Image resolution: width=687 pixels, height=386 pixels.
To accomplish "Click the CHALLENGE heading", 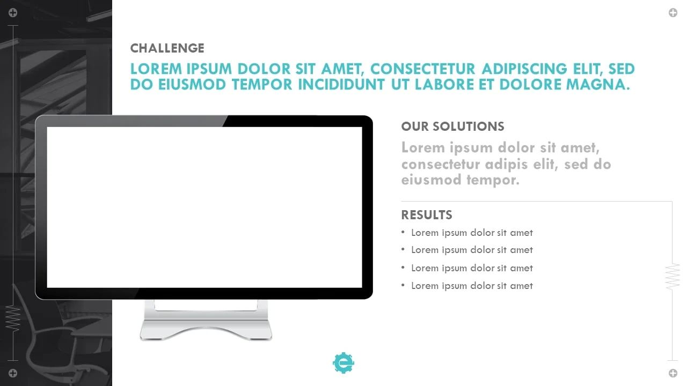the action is coord(167,48).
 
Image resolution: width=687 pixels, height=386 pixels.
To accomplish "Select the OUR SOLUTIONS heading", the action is coord(452,127).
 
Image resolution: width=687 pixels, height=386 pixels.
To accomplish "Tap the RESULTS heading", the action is coord(427,215).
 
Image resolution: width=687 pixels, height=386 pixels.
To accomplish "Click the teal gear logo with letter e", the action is coord(343,363).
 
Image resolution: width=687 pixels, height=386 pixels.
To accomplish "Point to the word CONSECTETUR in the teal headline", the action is coord(422,69).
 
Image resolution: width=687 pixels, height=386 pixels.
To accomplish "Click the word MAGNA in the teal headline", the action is coord(598,85).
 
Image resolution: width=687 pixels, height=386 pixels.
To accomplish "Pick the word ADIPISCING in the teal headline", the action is coord(524,69).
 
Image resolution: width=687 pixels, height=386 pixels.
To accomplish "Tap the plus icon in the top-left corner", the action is coord(13,12).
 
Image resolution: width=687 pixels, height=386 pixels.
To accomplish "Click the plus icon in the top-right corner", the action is coord(673,12).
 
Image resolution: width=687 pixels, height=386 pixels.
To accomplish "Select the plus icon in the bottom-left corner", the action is coord(13,373).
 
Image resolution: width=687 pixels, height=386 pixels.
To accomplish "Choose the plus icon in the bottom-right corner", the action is coord(673,373).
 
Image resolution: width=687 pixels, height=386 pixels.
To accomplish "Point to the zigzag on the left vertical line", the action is coord(13,318).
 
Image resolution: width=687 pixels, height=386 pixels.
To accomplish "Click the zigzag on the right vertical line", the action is coord(673,276).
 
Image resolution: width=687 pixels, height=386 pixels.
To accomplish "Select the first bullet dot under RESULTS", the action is coord(403,232).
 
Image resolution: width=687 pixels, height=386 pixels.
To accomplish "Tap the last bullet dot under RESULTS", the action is coord(403,285).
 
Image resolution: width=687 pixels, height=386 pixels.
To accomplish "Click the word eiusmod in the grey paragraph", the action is coord(431,180).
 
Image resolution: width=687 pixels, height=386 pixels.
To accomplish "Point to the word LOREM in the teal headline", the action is coord(156,69).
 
